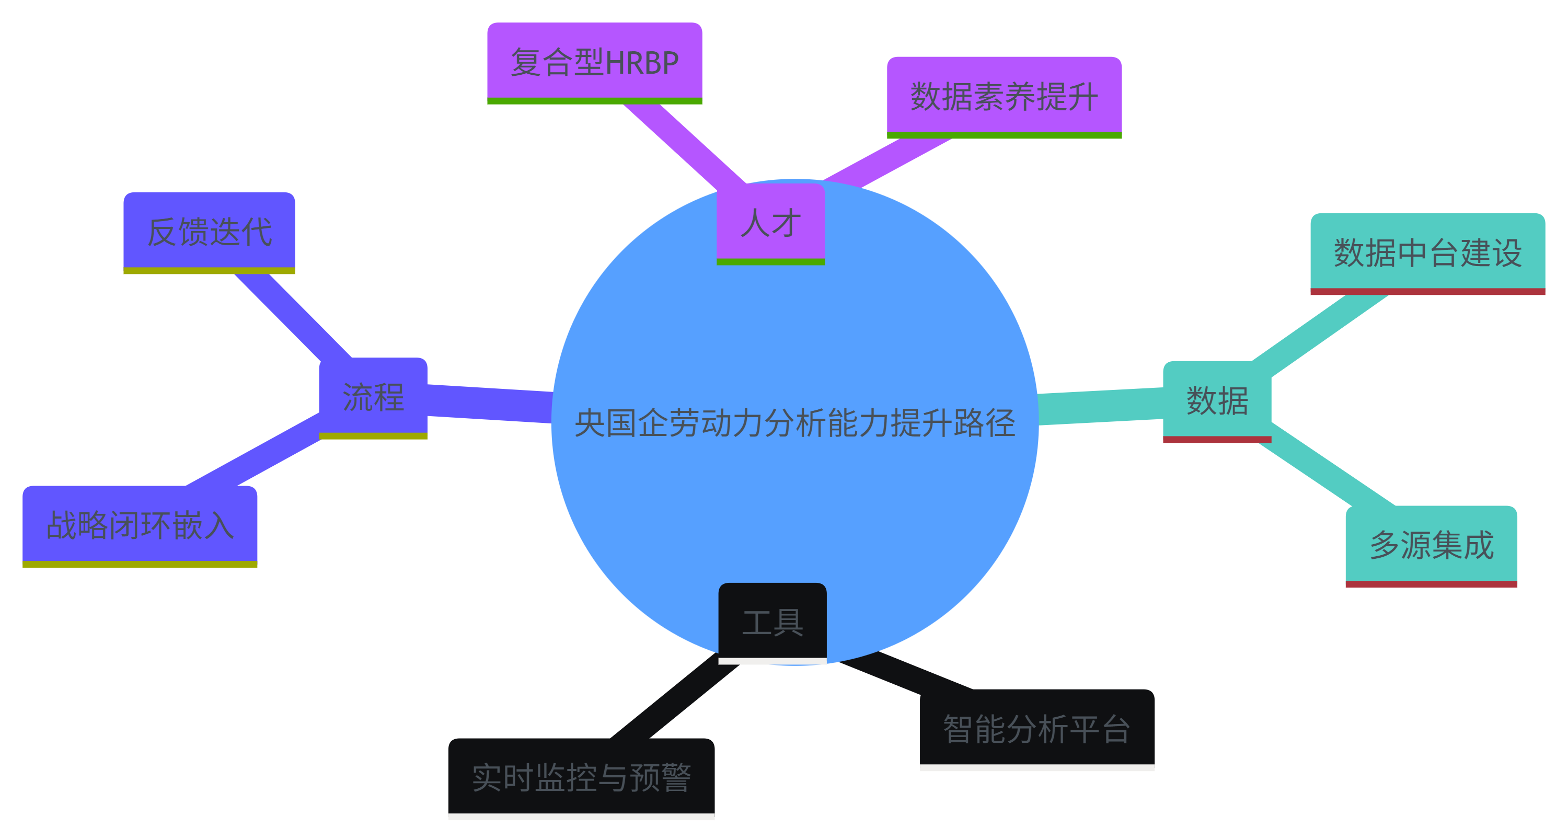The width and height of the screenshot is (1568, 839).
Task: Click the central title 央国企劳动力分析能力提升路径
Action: coord(794,422)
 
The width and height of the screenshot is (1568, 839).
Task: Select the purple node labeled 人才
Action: coord(770,223)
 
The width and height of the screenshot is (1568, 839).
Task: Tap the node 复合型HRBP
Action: coord(595,62)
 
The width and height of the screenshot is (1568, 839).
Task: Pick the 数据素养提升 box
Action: coord(1004,96)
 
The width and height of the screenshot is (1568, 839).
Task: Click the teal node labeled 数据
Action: coord(1217,400)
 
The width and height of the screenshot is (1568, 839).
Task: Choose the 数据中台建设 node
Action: coord(1427,252)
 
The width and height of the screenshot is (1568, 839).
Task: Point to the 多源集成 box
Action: coord(1431,545)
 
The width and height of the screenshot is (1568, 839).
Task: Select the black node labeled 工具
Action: coord(773,622)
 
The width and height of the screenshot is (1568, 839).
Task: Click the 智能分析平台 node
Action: coord(1036,728)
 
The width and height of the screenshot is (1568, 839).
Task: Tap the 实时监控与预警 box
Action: coord(581,777)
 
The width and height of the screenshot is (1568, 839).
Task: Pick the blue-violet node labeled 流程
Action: coord(373,397)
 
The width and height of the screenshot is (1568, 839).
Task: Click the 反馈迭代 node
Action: coord(210,232)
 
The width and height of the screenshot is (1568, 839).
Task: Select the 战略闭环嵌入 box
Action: coord(140,525)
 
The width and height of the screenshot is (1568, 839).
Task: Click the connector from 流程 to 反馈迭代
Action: coord(292,315)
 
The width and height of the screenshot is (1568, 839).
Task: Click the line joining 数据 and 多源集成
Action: coord(1327,472)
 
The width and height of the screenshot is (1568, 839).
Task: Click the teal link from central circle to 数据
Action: coord(1101,406)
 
